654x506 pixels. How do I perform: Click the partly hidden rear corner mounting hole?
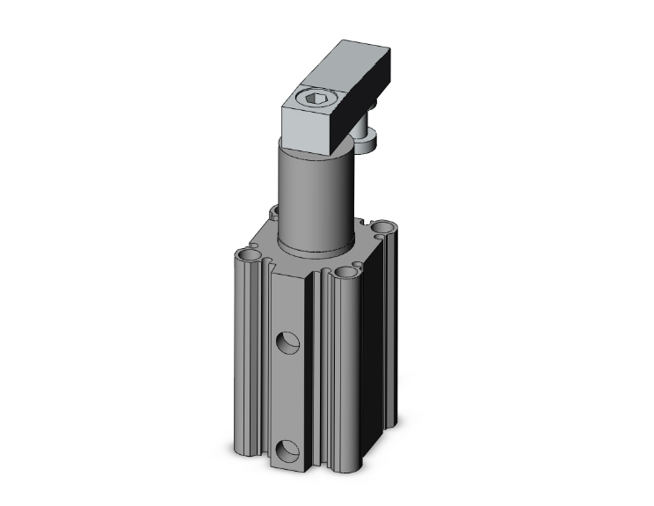click(x=275, y=212)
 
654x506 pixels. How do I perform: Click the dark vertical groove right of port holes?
click(x=318, y=387)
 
